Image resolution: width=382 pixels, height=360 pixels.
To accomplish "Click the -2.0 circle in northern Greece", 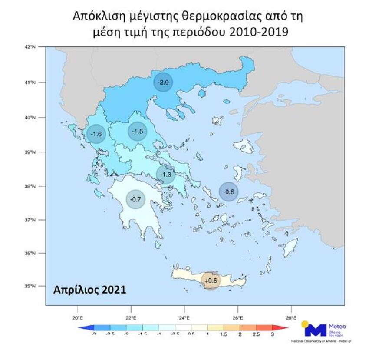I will [x=163, y=82].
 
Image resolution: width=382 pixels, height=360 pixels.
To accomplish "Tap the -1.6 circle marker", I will [x=96, y=134].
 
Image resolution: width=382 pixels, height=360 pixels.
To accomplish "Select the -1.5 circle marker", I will [x=138, y=131].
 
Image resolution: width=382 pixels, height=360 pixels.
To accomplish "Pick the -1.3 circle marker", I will [x=165, y=174].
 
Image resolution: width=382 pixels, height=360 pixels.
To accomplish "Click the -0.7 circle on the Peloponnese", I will [x=136, y=199].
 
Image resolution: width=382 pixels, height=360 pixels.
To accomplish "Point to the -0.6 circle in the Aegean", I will [x=229, y=192].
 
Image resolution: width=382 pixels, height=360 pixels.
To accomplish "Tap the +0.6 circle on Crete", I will [x=211, y=280].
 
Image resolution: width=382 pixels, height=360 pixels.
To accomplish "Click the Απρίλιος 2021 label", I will [x=89, y=290].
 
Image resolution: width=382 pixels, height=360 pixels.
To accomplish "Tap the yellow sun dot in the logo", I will [x=306, y=324].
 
